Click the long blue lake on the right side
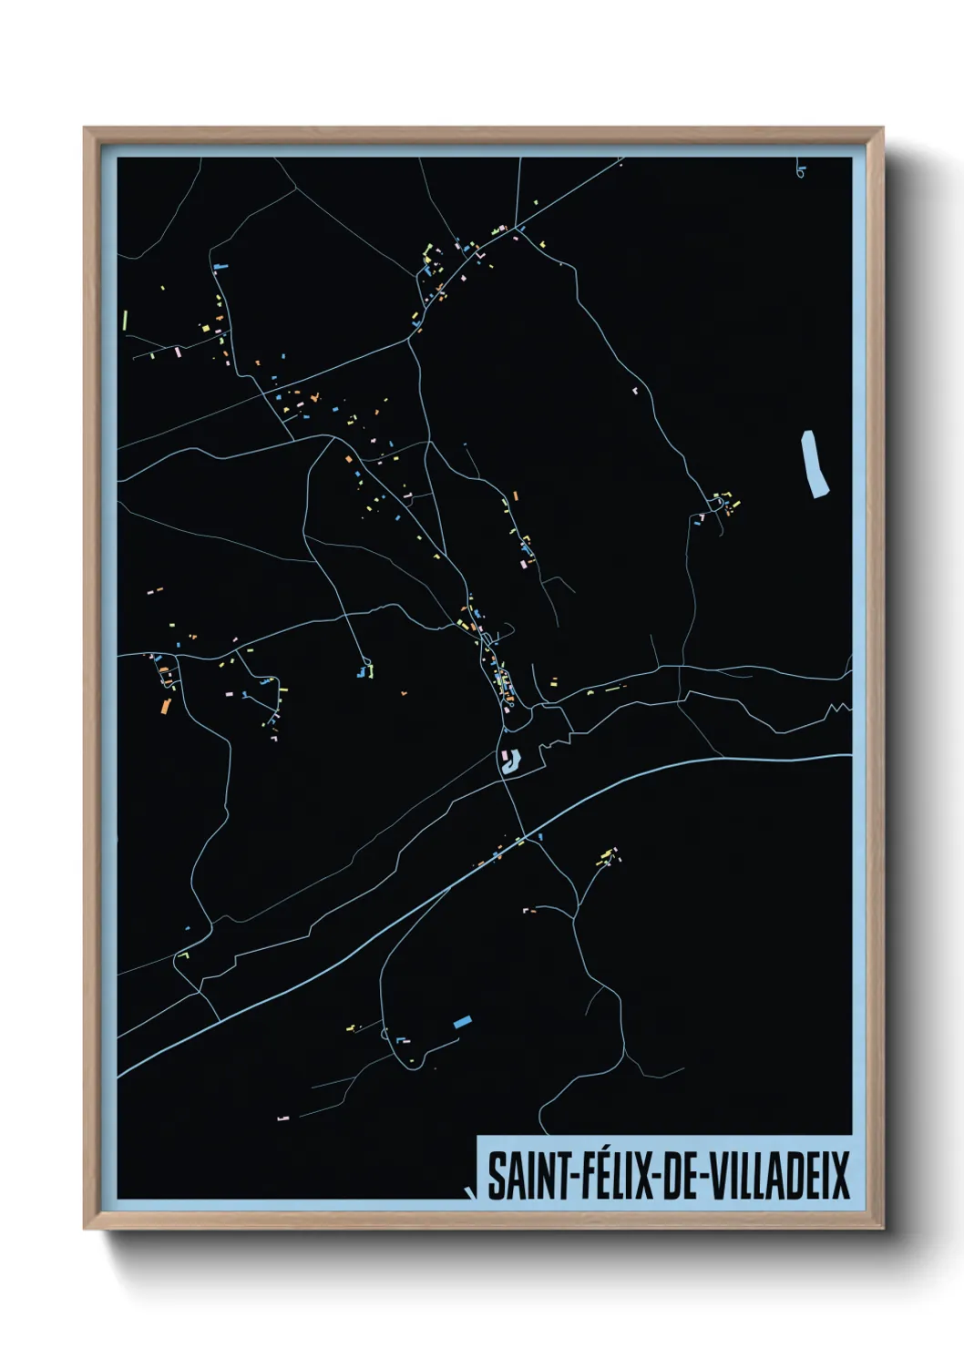815,465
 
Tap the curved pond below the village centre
510,761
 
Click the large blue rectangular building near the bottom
463,1022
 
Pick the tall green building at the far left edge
124,321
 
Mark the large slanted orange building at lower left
165,706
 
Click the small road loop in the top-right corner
799,171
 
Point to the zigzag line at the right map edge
838,708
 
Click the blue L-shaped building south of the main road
538,835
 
